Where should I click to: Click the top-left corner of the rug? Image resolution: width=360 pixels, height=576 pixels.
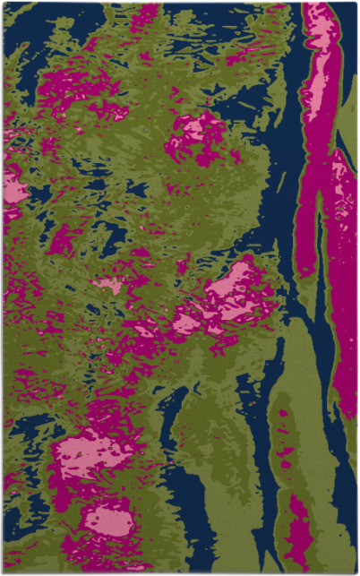[3, 3]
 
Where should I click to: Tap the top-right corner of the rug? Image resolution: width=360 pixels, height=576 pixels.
[356, 3]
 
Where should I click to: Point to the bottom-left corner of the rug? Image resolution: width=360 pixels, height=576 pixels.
[3, 572]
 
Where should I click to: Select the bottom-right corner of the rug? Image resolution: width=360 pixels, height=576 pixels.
[356, 572]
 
